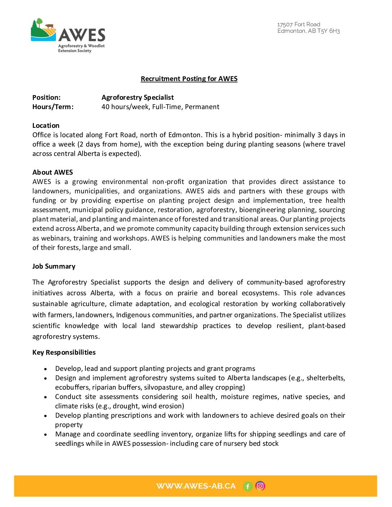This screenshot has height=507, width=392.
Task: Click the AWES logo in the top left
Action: coord(68,36)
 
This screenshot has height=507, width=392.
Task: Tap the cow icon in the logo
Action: coord(49,26)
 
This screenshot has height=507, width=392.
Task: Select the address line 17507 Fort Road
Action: coord(299,24)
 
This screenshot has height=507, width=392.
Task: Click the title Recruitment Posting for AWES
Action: coord(189,79)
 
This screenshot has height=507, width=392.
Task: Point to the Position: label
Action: coord(46,98)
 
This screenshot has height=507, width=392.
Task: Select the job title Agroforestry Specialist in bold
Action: coord(137,98)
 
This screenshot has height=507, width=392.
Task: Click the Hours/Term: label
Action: coord(53,107)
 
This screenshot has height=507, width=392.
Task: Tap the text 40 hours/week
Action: coord(125,107)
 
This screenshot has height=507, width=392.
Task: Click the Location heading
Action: coord(46,126)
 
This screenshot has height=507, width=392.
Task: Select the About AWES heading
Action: coord(53,172)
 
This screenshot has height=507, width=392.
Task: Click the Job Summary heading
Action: coord(54,266)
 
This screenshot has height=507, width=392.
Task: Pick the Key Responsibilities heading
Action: coord(64,353)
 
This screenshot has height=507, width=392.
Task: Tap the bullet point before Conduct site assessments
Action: coord(45,397)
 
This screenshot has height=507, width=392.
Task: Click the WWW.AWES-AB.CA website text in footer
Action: coord(196,486)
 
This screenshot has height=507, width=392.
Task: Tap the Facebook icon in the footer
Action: coord(248,486)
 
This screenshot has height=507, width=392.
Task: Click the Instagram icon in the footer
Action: coord(260,486)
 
